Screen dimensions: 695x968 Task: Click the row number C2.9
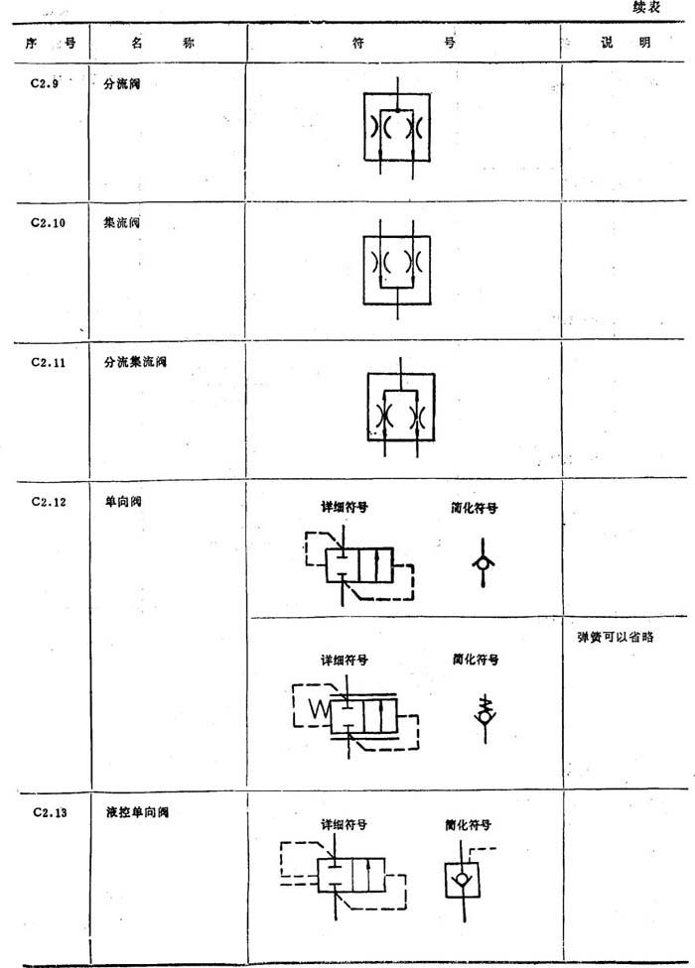click(x=45, y=83)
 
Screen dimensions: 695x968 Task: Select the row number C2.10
click(x=48, y=223)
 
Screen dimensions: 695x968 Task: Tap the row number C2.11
click(x=48, y=362)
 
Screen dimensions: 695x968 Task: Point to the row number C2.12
click(x=49, y=502)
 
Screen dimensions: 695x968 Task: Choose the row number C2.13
click(x=50, y=812)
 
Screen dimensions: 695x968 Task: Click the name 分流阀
click(x=122, y=83)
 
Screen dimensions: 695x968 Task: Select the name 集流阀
click(x=122, y=223)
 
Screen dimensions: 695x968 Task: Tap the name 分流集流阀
click(x=135, y=362)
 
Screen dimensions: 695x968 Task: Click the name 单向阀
click(x=123, y=501)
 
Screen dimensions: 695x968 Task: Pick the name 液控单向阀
click(x=137, y=812)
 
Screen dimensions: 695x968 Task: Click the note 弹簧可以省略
click(x=616, y=637)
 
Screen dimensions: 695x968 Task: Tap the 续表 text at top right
click(x=646, y=8)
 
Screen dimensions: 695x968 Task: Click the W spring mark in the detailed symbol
click(x=320, y=709)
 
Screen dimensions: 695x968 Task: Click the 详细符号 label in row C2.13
click(x=345, y=825)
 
